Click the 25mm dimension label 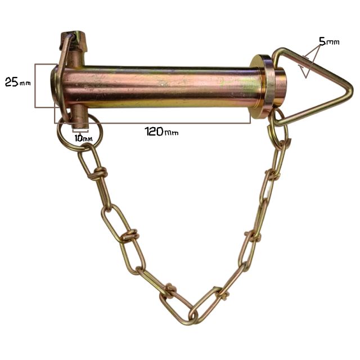click(x=17, y=82)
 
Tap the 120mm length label click(x=161, y=132)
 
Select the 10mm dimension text click(x=83, y=138)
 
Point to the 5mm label click(x=329, y=42)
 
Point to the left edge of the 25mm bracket click(x=35, y=85)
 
